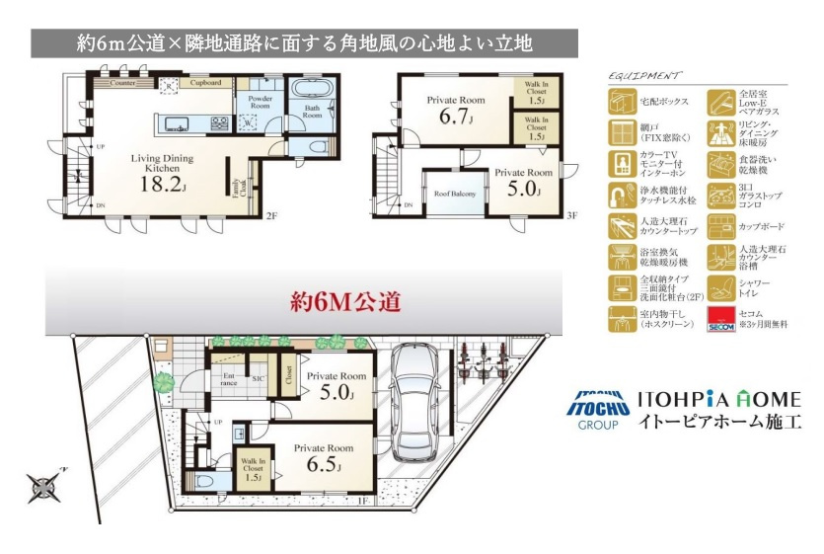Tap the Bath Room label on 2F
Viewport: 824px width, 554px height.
pos(312,112)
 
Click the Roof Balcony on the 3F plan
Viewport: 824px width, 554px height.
pos(455,195)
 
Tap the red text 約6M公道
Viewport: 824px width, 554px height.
pos(344,302)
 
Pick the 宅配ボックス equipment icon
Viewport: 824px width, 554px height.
pos(622,101)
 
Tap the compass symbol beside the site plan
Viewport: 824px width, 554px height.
pos(45,486)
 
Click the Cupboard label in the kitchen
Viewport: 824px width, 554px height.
pos(205,84)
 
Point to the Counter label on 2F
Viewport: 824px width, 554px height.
pos(122,84)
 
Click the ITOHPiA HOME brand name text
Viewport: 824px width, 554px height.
pos(718,400)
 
